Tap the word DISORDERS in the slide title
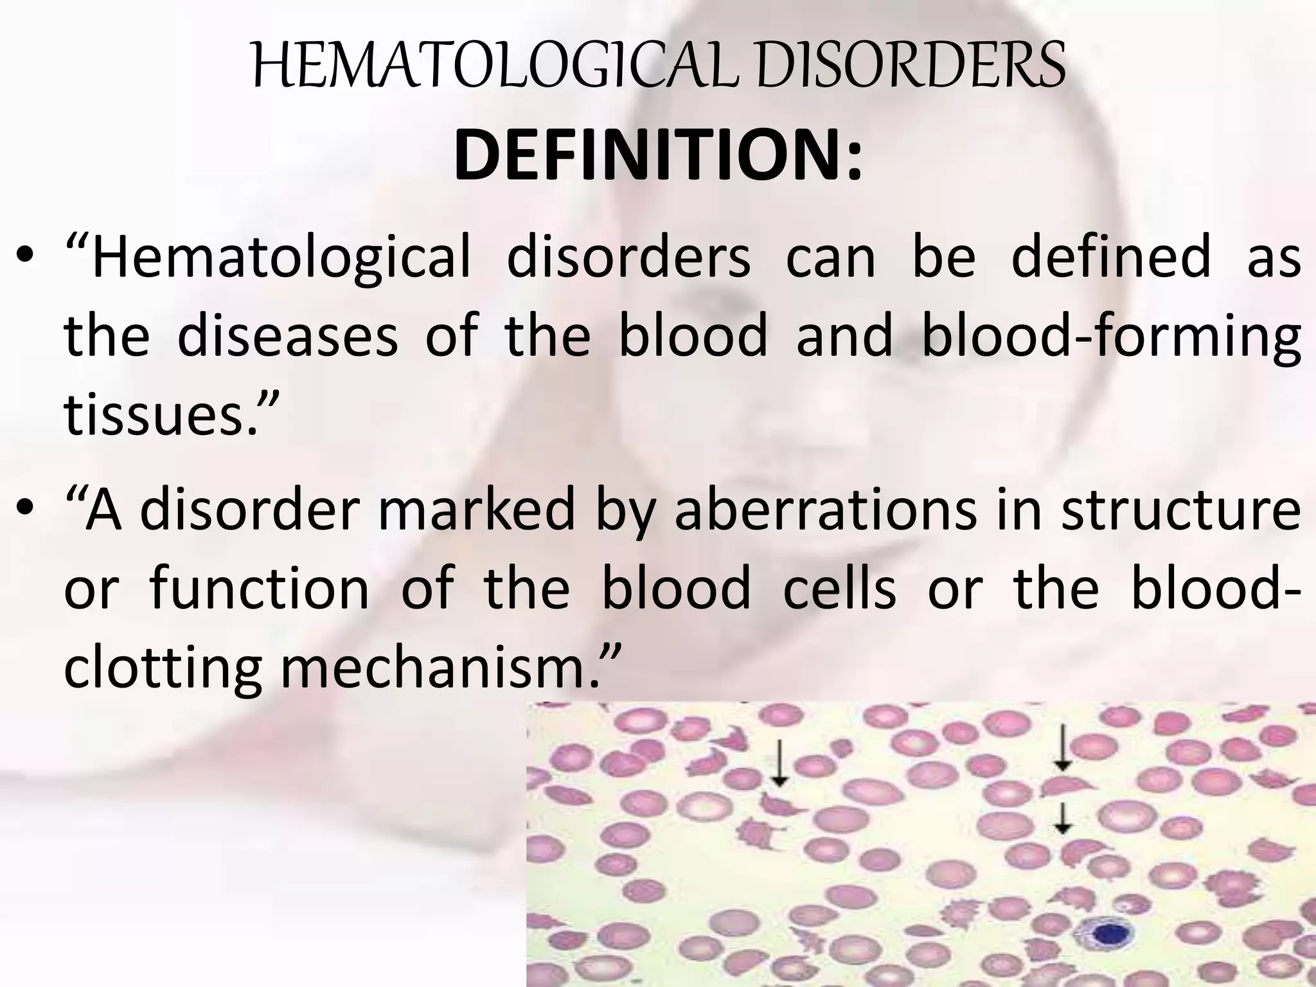(x=912, y=67)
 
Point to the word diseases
(x=287, y=337)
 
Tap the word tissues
(x=170, y=414)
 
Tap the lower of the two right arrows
(x=1063, y=817)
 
